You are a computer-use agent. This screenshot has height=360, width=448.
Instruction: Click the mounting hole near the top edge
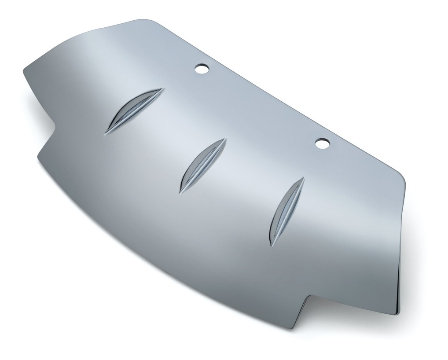click(202, 69)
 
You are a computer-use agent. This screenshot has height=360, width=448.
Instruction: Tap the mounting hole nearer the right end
click(322, 143)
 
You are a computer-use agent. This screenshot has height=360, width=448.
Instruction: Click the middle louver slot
click(202, 165)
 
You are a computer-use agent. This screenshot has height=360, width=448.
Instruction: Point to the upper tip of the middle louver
click(225, 140)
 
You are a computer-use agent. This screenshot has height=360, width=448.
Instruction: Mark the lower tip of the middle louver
click(180, 192)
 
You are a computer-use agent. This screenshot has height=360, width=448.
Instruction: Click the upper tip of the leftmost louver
click(163, 89)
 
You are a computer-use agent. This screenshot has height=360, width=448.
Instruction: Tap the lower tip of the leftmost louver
click(106, 133)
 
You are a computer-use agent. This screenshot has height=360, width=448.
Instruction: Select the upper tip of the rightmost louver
click(304, 178)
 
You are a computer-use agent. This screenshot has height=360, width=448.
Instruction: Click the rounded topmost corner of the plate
click(143, 20)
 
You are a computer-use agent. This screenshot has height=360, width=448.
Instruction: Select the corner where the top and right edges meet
click(403, 174)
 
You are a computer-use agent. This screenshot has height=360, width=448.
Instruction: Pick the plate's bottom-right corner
click(398, 314)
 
